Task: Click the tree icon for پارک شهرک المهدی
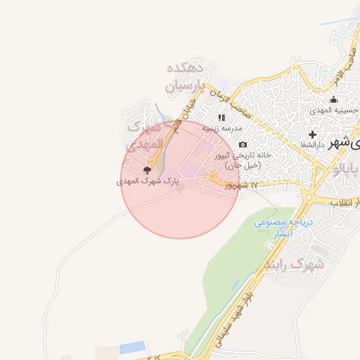click(147, 169)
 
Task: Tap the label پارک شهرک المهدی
click(148, 181)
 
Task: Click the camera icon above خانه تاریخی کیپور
click(243, 145)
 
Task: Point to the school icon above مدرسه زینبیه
click(221, 118)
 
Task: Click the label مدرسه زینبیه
click(222, 129)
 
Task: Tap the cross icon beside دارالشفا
click(312, 134)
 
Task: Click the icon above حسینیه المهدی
click(333, 100)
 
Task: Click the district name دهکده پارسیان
click(186, 77)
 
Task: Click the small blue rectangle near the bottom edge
click(131, 348)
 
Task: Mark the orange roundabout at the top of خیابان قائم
click(152, 162)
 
